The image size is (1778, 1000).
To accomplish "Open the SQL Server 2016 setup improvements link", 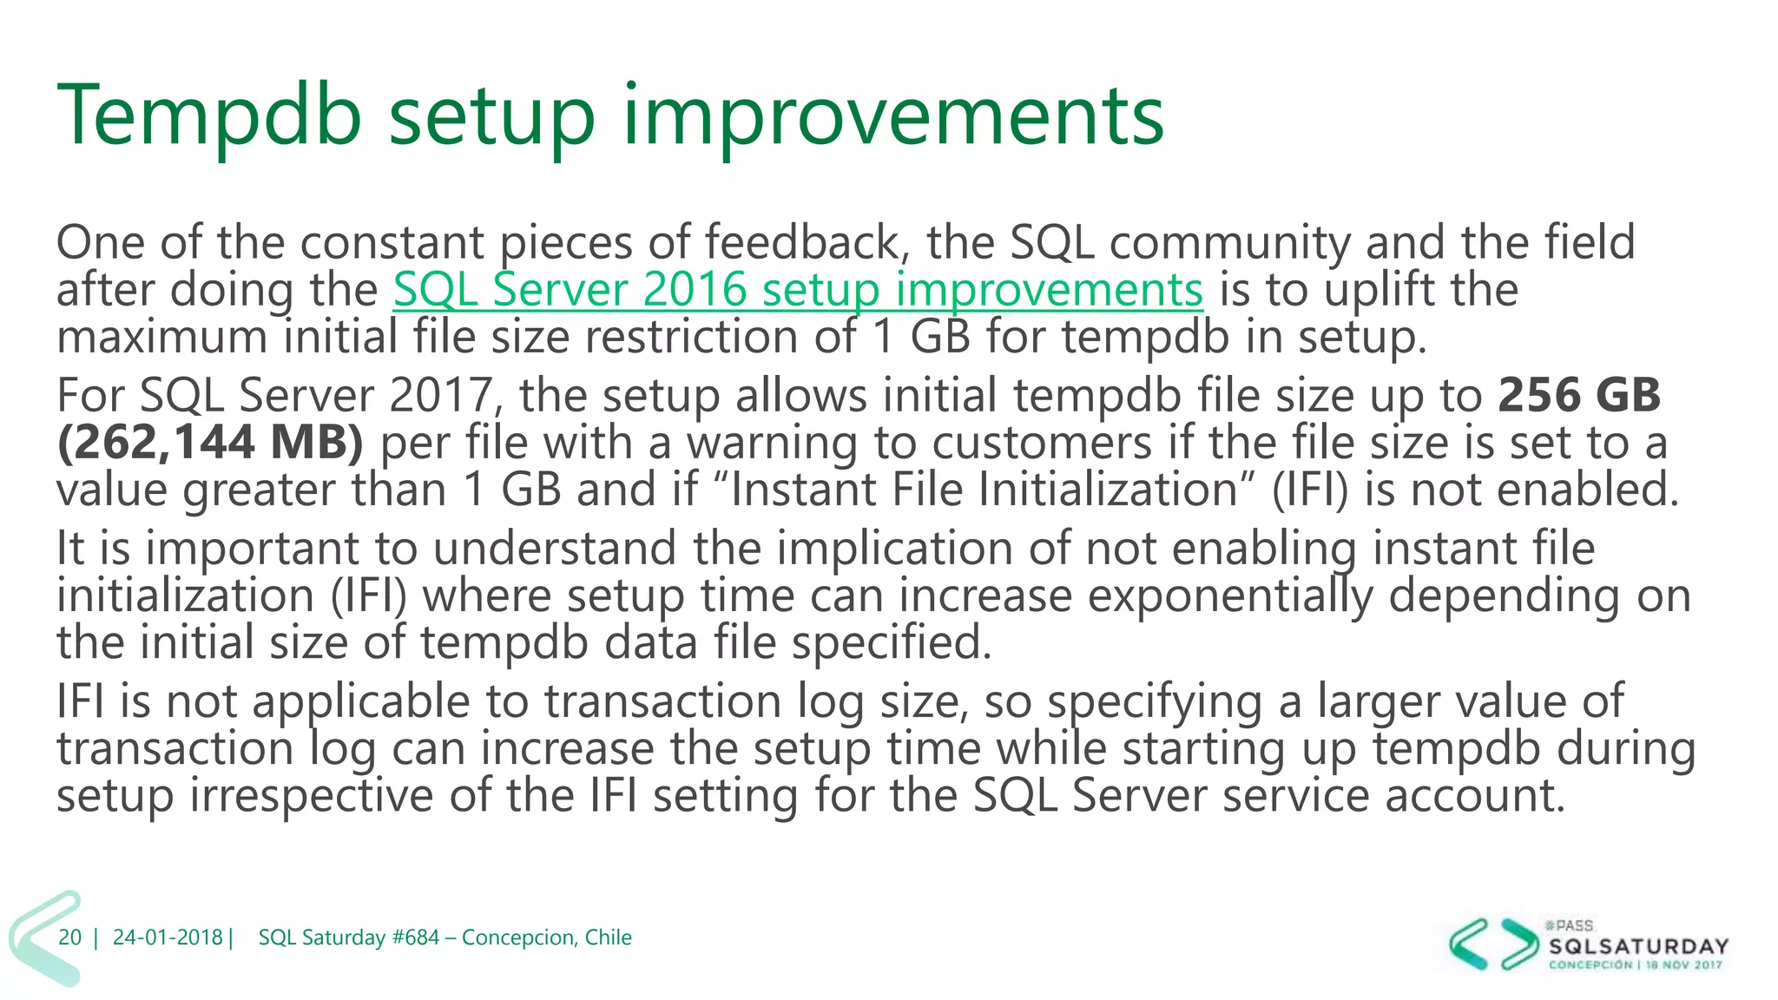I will (x=797, y=290).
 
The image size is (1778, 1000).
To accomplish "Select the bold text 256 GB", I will (x=1578, y=395).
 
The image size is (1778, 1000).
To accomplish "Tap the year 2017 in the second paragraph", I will (x=441, y=395).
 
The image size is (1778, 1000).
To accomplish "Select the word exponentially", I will (x=1230, y=596).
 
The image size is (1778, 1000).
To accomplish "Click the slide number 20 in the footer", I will (x=69, y=937).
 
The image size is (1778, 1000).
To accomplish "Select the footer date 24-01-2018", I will (x=168, y=937).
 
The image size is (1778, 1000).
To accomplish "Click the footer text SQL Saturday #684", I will (x=348, y=937).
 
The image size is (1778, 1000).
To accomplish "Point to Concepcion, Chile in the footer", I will (x=546, y=937).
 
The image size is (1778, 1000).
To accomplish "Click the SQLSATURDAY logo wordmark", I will (x=1638, y=946).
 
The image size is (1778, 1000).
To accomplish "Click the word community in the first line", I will (x=1229, y=242).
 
